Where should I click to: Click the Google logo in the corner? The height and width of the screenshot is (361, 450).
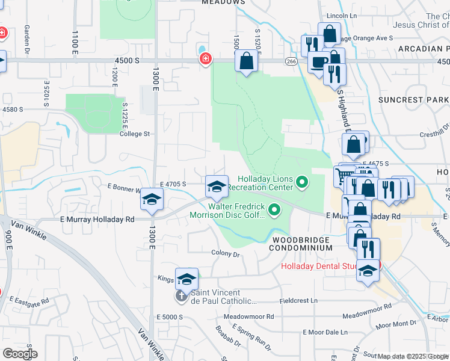pos(20,354)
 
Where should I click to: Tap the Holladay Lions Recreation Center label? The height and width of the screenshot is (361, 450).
pos(265,184)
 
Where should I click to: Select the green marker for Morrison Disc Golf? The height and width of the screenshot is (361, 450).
pos(275,210)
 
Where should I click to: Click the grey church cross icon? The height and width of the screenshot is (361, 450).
pos(181,296)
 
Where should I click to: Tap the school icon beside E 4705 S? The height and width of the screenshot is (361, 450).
pos(217,187)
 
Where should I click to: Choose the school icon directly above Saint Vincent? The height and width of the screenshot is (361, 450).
pos(186,280)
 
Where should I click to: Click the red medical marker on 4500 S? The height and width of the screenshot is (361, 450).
pos(206,58)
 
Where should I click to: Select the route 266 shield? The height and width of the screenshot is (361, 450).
pos(291,61)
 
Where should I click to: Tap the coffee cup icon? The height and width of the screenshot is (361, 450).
pos(318,62)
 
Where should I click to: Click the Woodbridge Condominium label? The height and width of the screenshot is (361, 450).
pos(300,244)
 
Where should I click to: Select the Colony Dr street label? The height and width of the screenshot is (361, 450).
pos(226,253)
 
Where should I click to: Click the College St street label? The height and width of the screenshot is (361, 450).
pos(134,134)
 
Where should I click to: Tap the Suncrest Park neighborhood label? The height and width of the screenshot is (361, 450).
pos(413,99)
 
